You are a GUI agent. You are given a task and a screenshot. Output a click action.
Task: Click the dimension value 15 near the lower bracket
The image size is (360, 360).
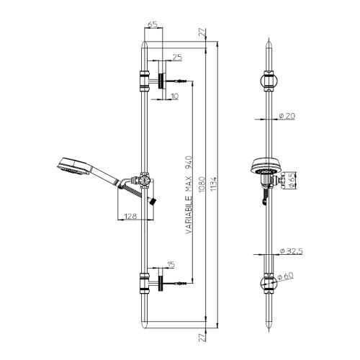(x=170, y=264)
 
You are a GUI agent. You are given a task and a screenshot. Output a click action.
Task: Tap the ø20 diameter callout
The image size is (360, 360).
(x=287, y=115)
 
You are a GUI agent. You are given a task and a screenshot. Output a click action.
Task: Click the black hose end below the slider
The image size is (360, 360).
(x=151, y=200)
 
